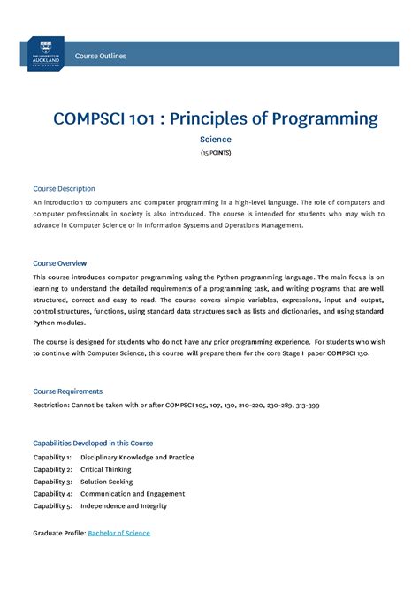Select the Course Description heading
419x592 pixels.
pyautogui.click(x=64, y=189)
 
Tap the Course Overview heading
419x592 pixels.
pyautogui.click(x=59, y=263)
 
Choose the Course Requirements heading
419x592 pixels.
pyautogui.click(x=67, y=391)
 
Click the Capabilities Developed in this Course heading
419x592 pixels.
pyautogui.click(x=93, y=443)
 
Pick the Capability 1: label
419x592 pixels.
pyautogui.click(x=52, y=458)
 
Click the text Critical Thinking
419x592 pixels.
pyautogui.click(x=105, y=470)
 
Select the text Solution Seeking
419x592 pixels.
pyautogui.click(x=106, y=482)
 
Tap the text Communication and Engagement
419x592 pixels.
pyautogui.click(x=133, y=494)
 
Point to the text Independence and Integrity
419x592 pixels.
pyautogui.click(x=124, y=506)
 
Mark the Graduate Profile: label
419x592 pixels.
pyautogui.click(x=58, y=533)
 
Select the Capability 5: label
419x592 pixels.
pyautogui.click(x=52, y=506)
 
